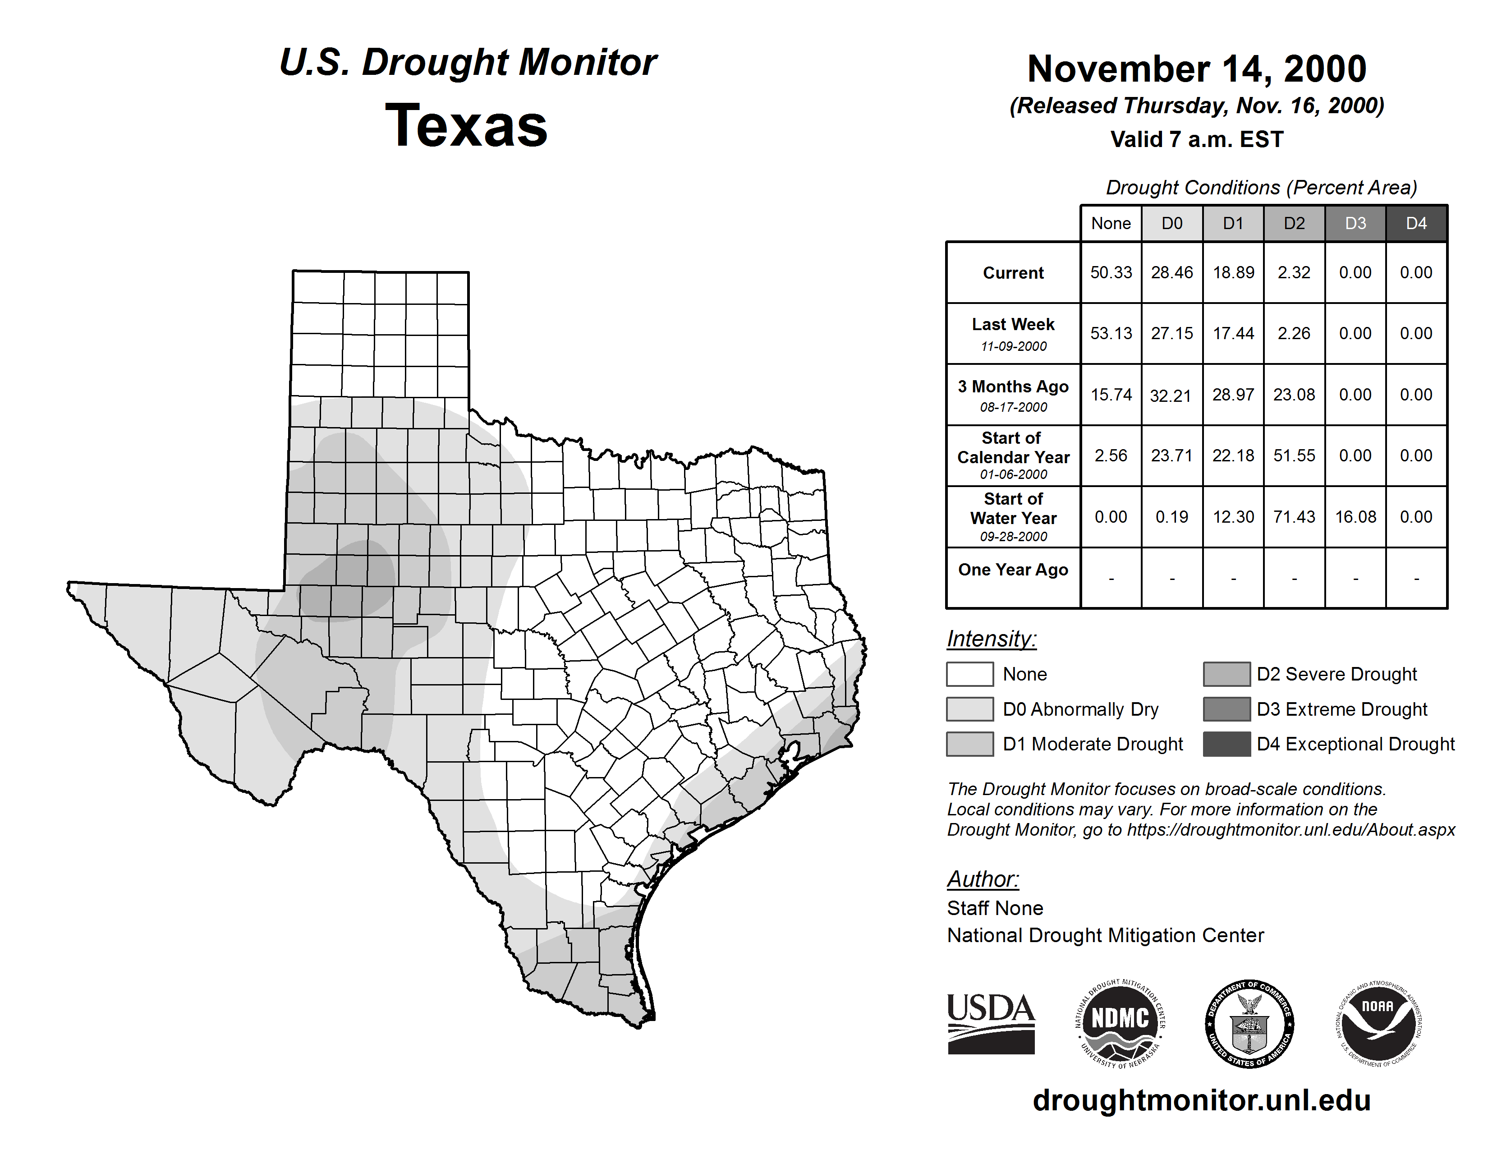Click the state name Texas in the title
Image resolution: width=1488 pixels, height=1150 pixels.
(466, 126)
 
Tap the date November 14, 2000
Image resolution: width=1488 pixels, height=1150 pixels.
(1196, 69)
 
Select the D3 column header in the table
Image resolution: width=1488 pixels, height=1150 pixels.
(1355, 223)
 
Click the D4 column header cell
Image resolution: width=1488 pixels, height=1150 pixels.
(1416, 223)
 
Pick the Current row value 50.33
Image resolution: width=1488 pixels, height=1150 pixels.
(1111, 272)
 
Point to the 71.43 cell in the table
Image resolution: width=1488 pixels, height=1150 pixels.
(1294, 517)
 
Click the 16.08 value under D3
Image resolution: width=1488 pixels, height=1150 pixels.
(1355, 517)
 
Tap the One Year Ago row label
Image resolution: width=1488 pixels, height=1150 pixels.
(1013, 570)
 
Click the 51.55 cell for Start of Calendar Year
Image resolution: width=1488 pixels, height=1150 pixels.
(1294, 456)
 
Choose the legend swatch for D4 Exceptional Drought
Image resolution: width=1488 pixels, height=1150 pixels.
(1226, 744)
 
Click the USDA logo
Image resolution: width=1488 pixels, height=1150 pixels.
(991, 1023)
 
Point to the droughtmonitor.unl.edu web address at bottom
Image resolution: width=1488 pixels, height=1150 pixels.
(1202, 1100)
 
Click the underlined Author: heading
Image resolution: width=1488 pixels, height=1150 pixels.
(983, 879)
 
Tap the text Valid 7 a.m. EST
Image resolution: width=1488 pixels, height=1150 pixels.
(1196, 140)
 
